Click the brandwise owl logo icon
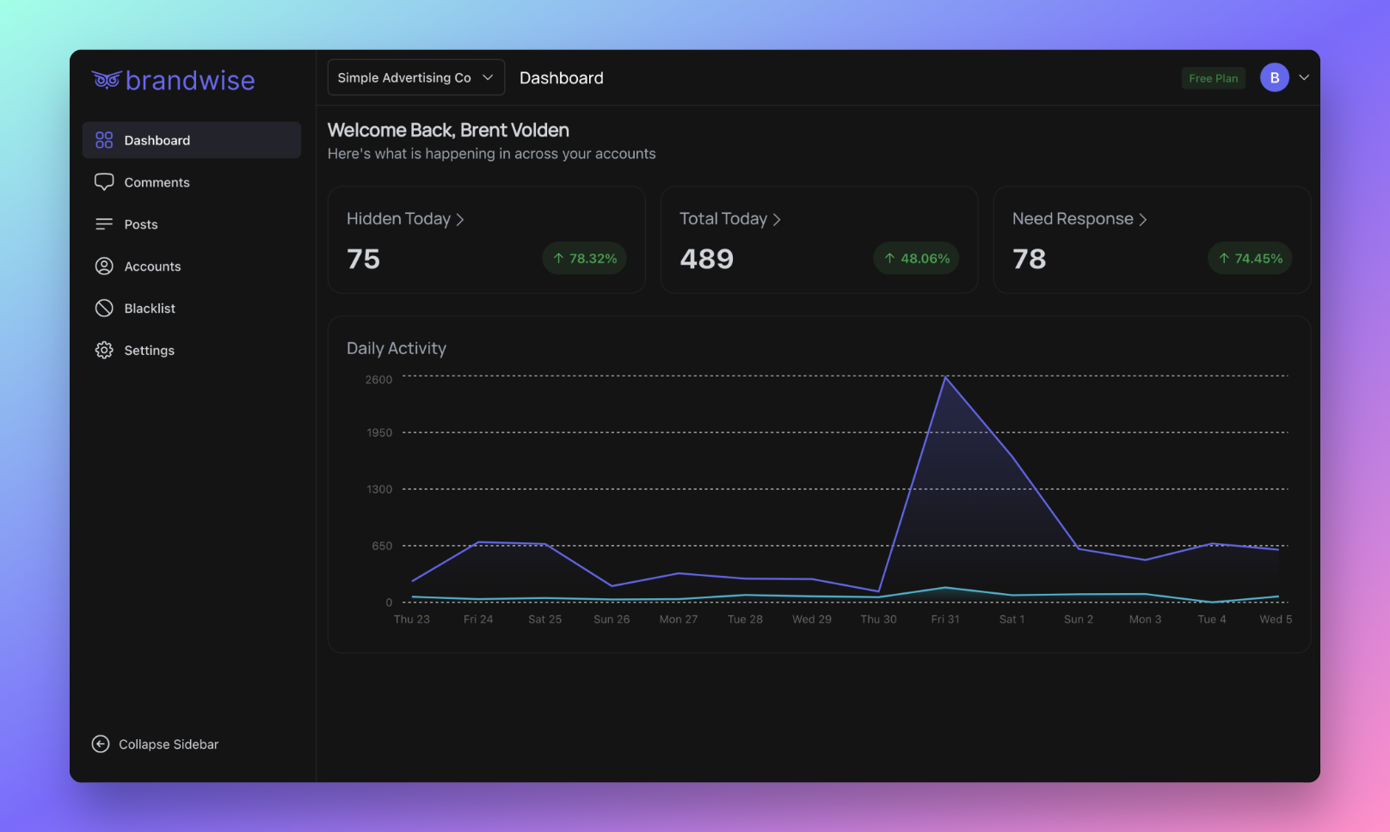pos(106,80)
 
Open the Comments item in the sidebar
pos(156,182)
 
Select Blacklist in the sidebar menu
pos(149,309)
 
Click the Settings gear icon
pos(104,351)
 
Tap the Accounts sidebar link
pos(151,266)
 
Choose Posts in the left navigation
pos(140,224)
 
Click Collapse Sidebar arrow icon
pos(101,744)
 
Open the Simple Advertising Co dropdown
pos(415,77)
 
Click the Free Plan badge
pos(1213,78)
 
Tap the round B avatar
pos(1274,77)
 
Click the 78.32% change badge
pos(585,259)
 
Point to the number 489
pos(706,259)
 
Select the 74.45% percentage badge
pos(1250,259)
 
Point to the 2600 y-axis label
pos(378,380)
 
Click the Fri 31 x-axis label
pos(944,620)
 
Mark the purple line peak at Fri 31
pos(945,377)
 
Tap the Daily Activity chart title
pos(397,348)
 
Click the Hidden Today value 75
pos(363,259)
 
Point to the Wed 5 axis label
pos(1276,620)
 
